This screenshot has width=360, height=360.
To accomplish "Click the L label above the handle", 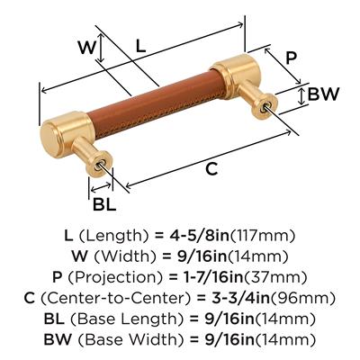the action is pyautogui.click(x=140, y=46).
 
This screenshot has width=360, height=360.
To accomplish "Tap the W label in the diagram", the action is pyautogui.click(x=87, y=48).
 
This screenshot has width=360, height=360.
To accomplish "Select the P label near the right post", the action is pyautogui.click(x=291, y=58).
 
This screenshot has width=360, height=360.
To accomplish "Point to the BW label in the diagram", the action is pyautogui.click(x=323, y=94).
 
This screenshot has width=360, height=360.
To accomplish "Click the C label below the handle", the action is pyautogui.click(x=211, y=169).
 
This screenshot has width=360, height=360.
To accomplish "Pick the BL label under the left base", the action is pyautogui.click(x=104, y=205).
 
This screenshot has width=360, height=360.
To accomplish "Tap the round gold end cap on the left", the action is pyautogui.click(x=49, y=138).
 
